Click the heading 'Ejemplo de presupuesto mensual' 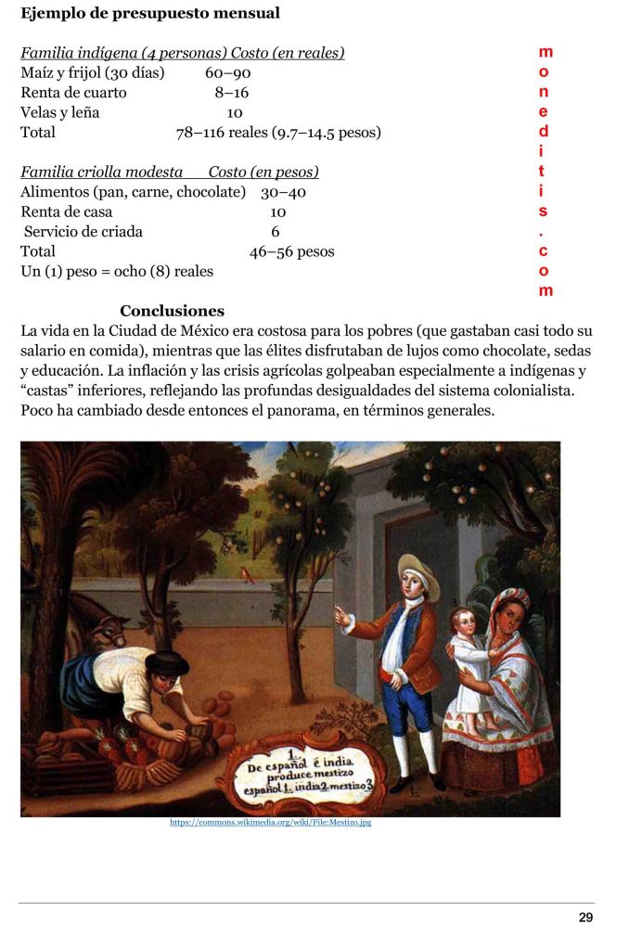tap(150, 14)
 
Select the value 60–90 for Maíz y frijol tap(228, 72)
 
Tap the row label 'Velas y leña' tap(60, 112)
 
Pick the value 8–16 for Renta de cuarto tap(232, 93)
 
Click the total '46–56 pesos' tap(291, 251)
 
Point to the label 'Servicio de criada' tap(83, 232)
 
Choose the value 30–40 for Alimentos tap(283, 192)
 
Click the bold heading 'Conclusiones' tap(172, 311)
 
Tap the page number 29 tap(585, 917)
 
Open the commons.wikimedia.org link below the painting tap(271, 822)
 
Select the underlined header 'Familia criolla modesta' tap(102, 173)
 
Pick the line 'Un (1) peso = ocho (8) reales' tap(117, 272)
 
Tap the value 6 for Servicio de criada tap(276, 232)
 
